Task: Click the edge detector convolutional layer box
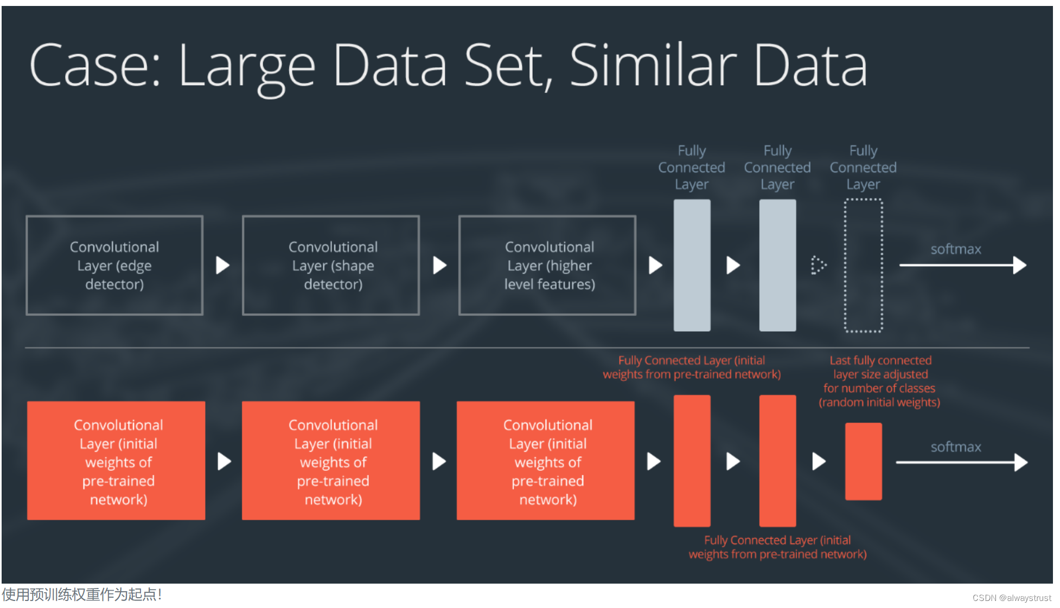point(114,265)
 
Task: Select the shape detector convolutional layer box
point(331,265)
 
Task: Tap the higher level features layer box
point(547,265)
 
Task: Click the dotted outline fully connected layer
point(863,265)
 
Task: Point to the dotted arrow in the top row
point(818,265)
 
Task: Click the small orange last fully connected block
point(863,461)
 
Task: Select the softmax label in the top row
point(956,249)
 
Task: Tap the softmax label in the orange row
point(956,447)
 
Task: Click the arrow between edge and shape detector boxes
point(222,265)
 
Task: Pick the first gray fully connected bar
point(692,265)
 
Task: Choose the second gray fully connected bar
point(777,265)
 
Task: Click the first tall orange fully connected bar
point(692,461)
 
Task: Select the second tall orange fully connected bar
point(777,461)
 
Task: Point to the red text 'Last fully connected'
point(880,360)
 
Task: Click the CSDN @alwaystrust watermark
point(1011,598)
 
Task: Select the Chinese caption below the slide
point(81,594)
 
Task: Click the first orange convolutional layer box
point(116,461)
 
